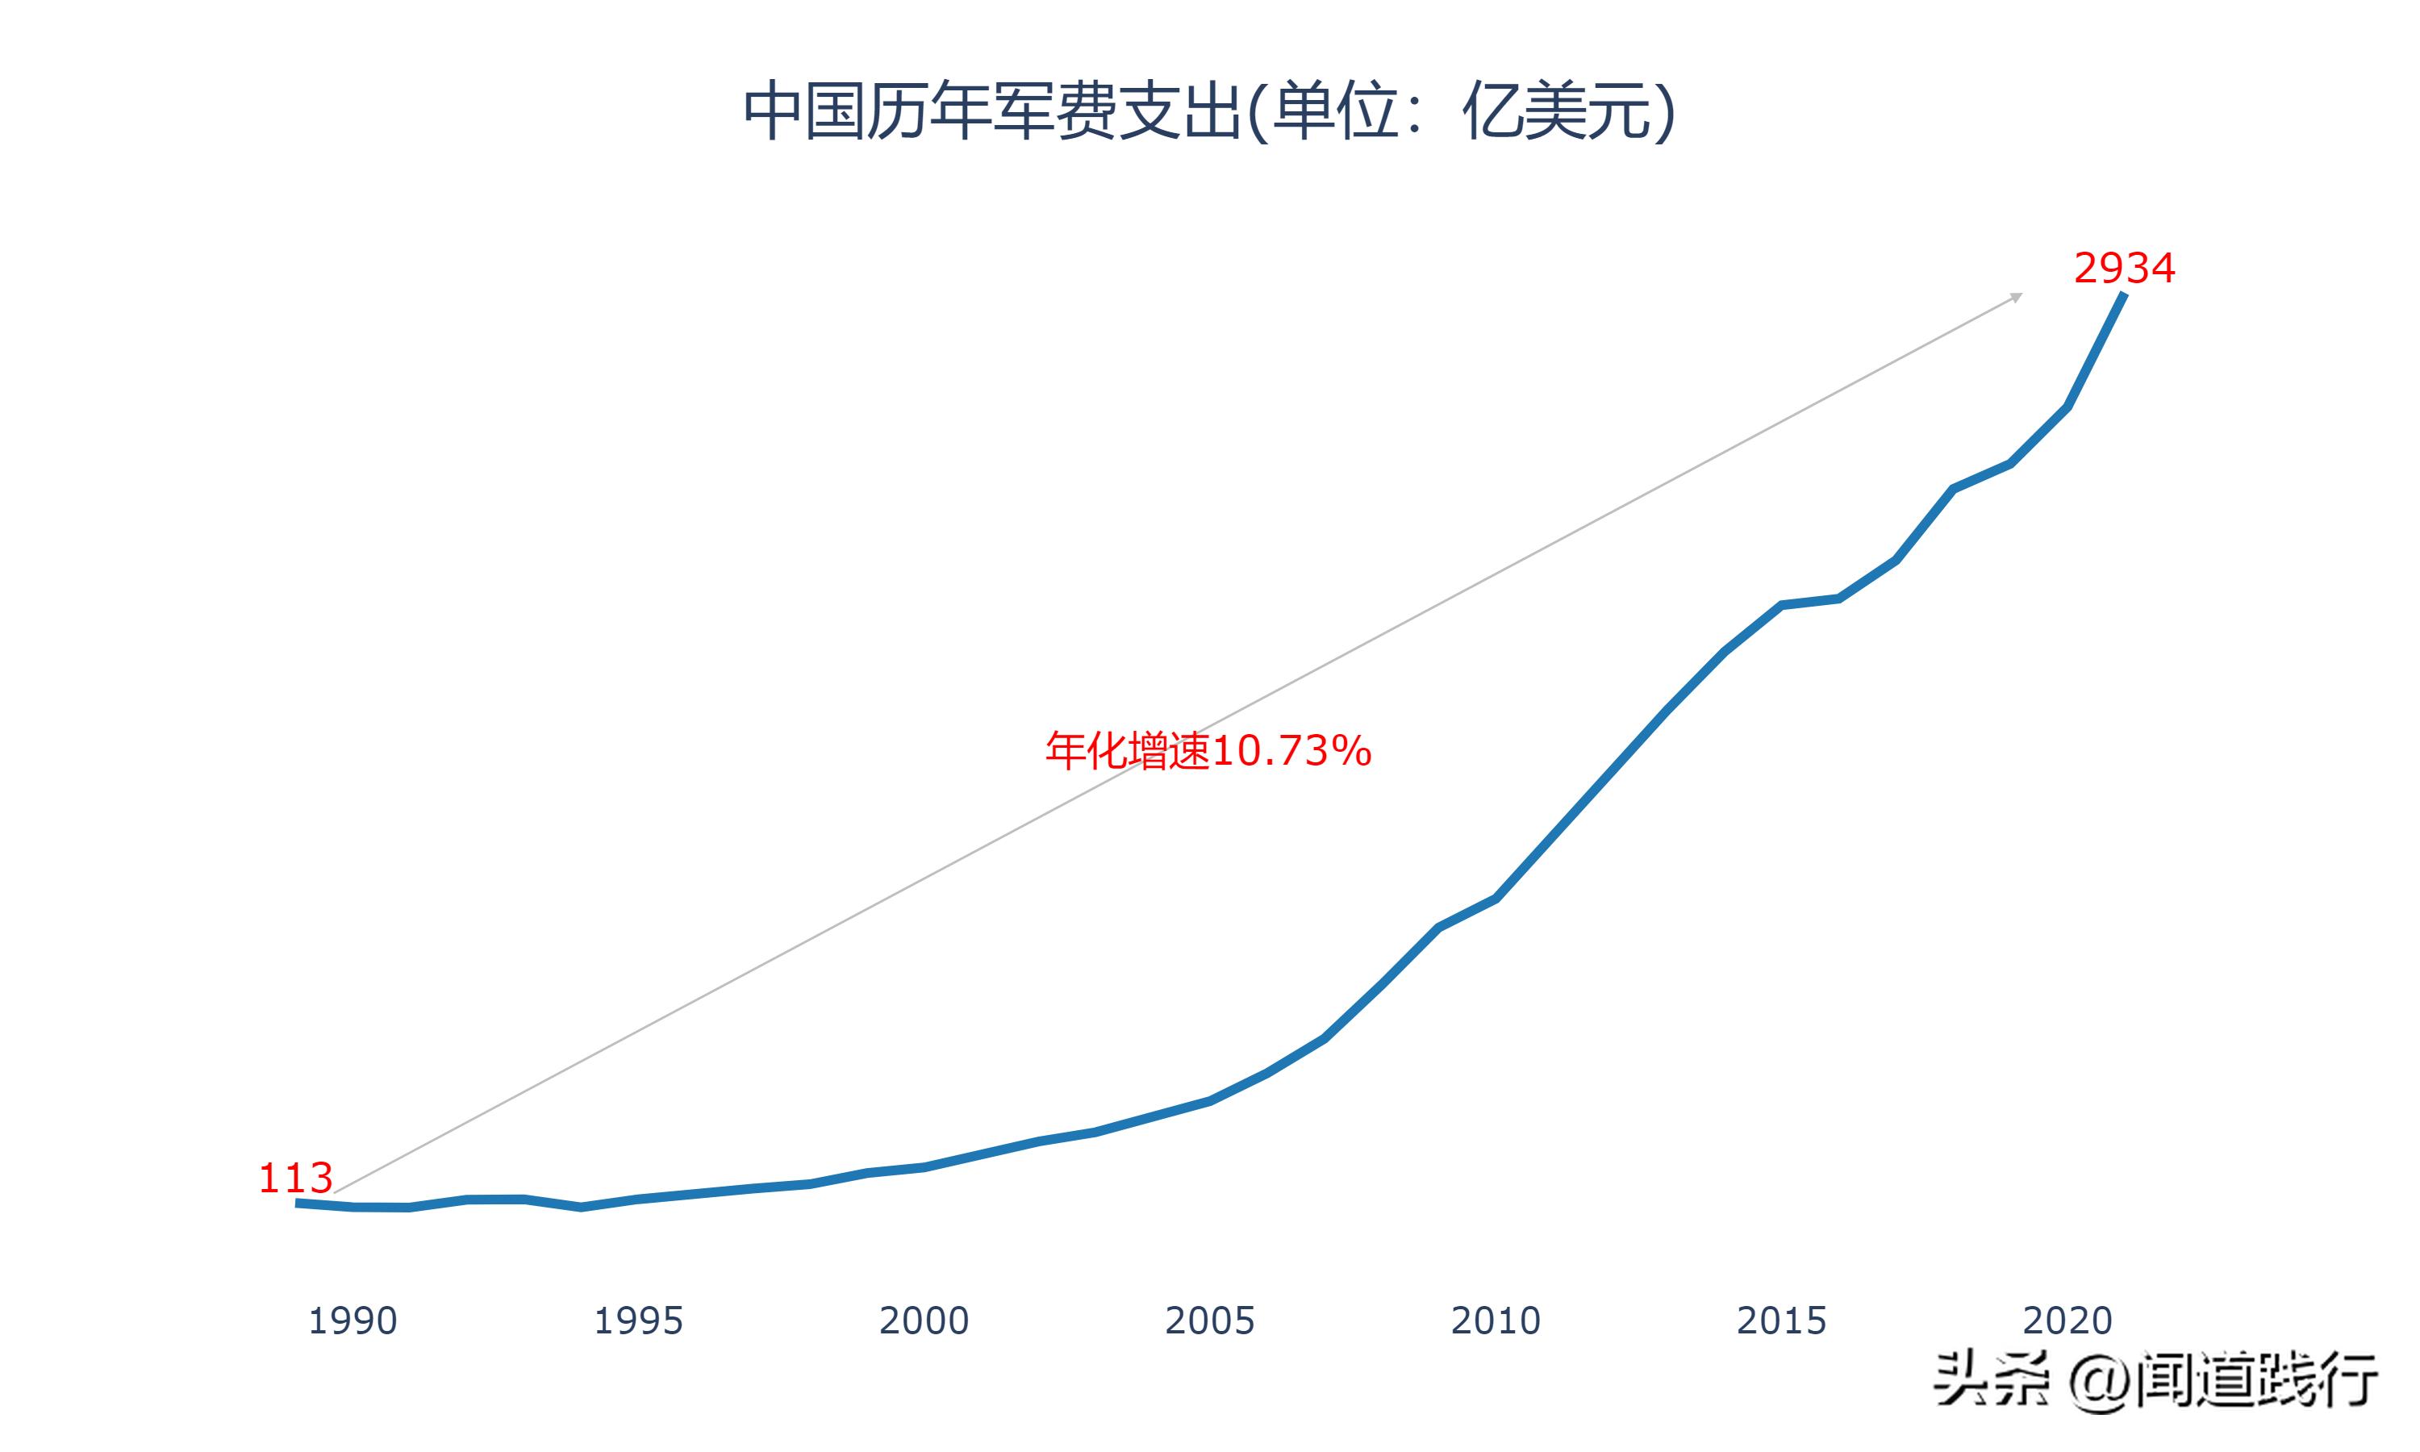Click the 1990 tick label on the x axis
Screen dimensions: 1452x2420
[x=353, y=1321]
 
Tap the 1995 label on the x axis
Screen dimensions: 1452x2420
[x=638, y=1321]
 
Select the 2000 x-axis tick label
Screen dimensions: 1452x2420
[x=924, y=1321]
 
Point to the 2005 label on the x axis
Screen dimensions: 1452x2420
[x=1209, y=1321]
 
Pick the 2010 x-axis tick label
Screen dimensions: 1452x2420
[x=1495, y=1321]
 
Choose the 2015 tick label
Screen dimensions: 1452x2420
[x=1780, y=1321]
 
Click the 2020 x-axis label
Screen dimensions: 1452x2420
[x=2067, y=1321]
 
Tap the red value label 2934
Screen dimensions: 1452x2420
[x=2124, y=268]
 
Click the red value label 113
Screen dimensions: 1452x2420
[x=295, y=1178]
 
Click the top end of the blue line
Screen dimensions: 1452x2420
[x=2124, y=294]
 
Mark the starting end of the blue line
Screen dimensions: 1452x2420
[x=298, y=1203]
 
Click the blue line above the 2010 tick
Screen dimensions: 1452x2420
[x=1495, y=898]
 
